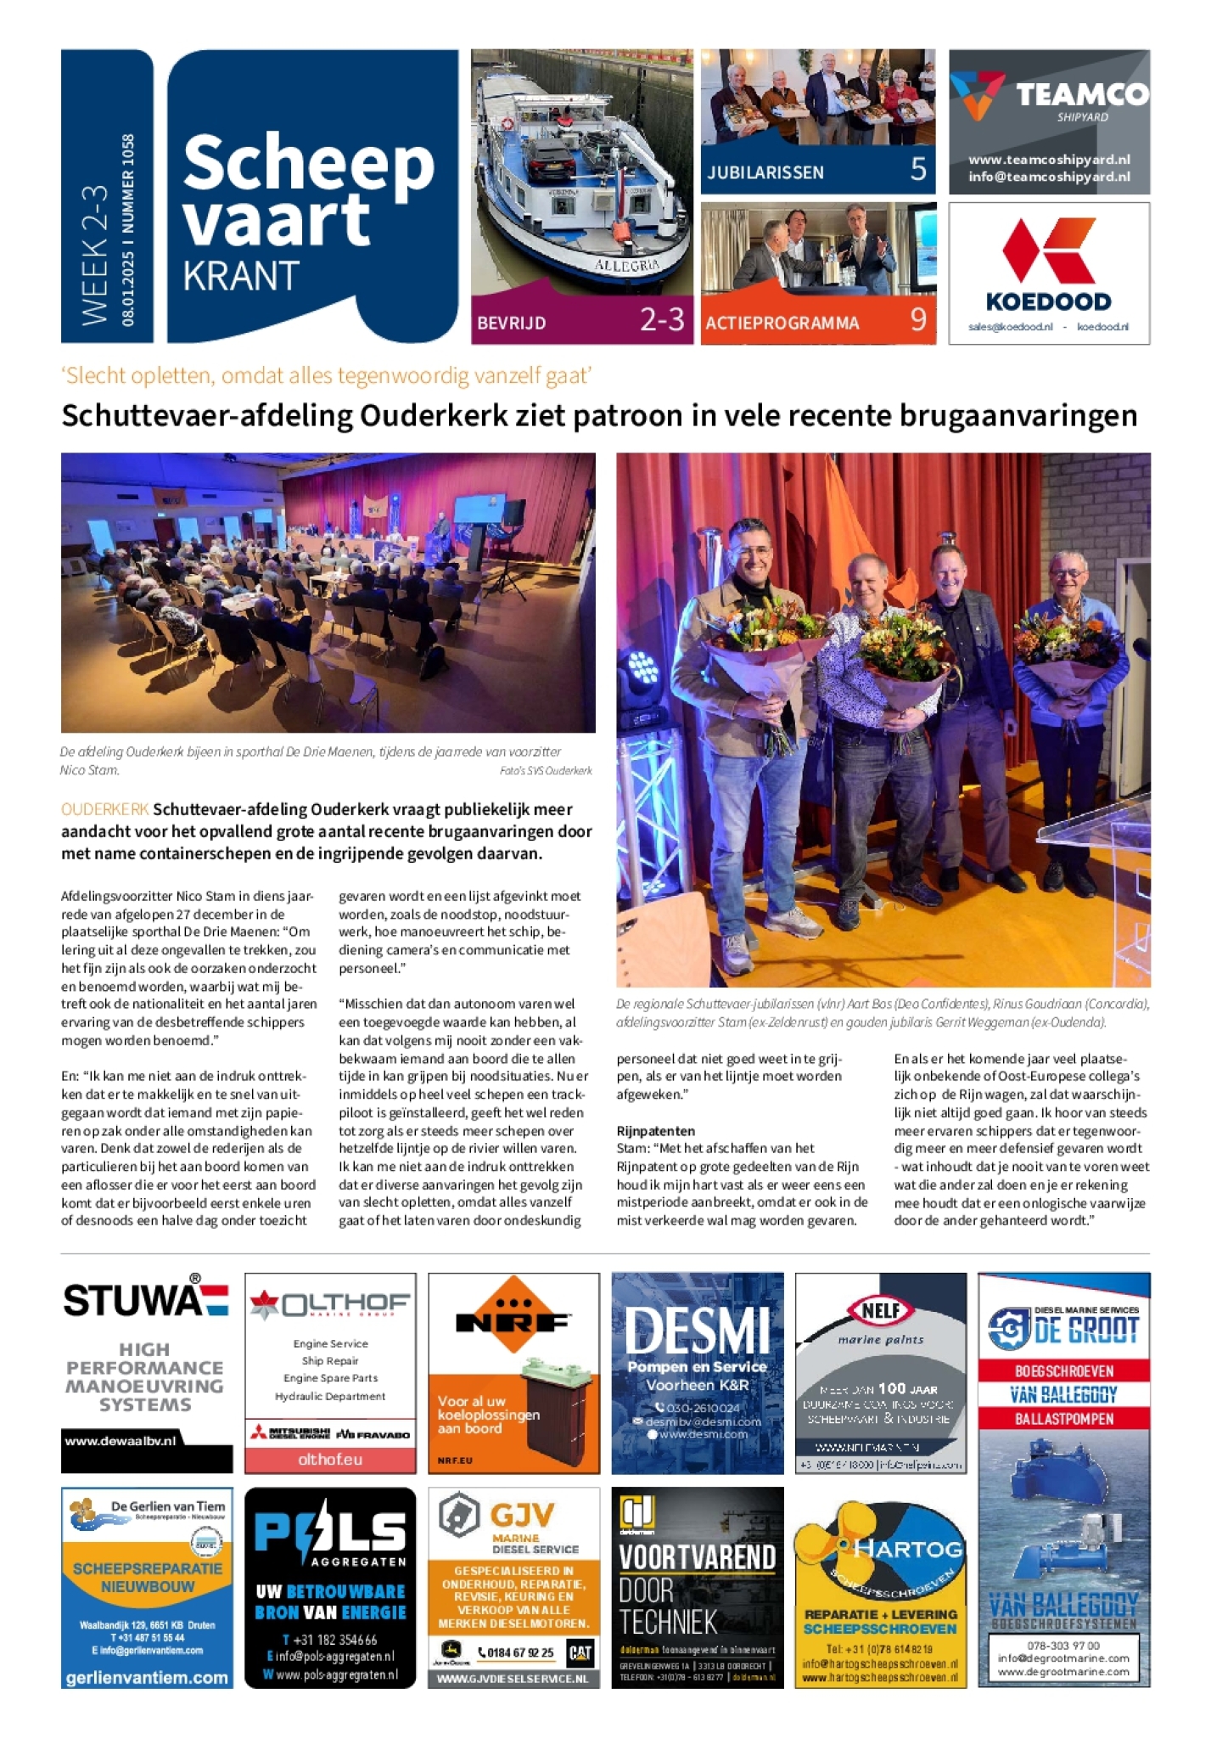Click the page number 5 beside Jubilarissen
click(x=917, y=169)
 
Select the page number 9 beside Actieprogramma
click(x=917, y=319)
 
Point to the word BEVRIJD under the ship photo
click(x=511, y=323)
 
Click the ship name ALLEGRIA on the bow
click(x=626, y=266)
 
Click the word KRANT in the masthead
click(x=241, y=277)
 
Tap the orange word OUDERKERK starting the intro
click(x=104, y=809)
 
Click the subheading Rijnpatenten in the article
click(x=655, y=1131)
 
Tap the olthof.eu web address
click(x=329, y=1459)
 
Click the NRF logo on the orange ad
click(x=513, y=1320)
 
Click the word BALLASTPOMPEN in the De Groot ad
click(x=1063, y=1419)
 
